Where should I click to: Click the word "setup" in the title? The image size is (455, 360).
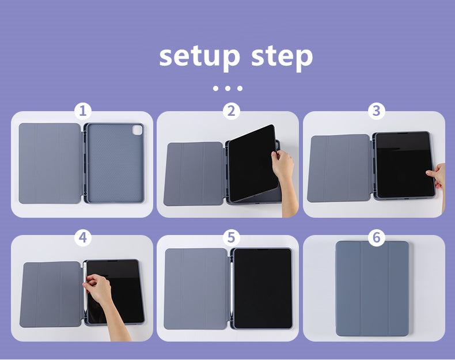[x=200, y=57]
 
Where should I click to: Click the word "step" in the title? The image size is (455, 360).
[x=282, y=57]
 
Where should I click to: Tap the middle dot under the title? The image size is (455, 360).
[x=227, y=88]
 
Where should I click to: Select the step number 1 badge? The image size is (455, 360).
[x=83, y=111]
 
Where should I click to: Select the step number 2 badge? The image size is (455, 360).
[x=232, y=111]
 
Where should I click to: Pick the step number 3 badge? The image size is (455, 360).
[x=376, y=111]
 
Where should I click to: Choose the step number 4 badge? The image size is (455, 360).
[x=83, y=237]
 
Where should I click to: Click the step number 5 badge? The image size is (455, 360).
[x=232, y=237]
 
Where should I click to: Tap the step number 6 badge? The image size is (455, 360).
[x=376, y=237]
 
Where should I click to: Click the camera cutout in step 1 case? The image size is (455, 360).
[x=137, y=130]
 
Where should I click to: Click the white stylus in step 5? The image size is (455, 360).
[x=232, y=291]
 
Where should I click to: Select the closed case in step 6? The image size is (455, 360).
[x=372, y=289]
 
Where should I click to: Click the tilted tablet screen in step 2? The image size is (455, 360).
[x=252, y=163]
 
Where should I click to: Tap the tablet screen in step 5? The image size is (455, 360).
[x=263, y=289]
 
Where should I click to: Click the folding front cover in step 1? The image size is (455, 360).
[x=50, y=164]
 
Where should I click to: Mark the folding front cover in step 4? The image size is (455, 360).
[x=51, y=294]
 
